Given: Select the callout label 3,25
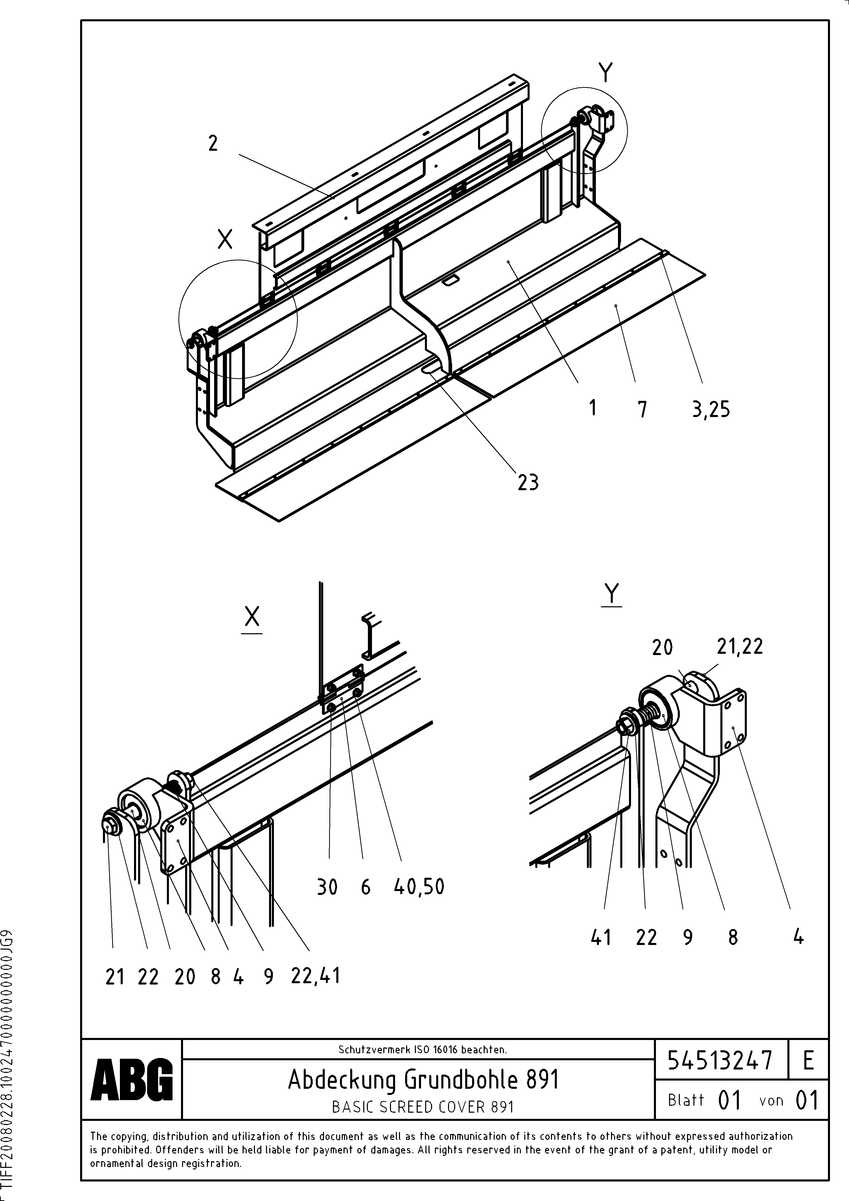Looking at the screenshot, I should tap(710, 409).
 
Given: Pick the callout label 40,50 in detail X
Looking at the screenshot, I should tap(418, 887).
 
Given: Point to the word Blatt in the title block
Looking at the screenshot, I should tap(686, 1100).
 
